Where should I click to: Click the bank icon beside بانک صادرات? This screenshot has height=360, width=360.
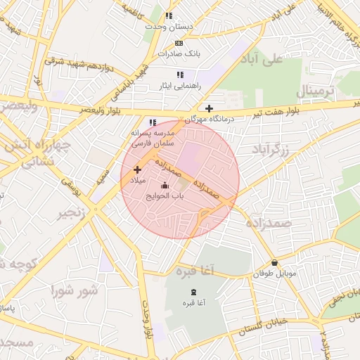pos(179,43)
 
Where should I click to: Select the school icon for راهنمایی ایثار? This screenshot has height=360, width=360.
pos(180,74)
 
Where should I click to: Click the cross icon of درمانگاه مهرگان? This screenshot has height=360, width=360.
pos(209,108)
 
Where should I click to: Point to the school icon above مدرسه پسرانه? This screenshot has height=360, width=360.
pos(152,122)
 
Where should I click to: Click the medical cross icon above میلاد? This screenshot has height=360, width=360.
pos(137,169)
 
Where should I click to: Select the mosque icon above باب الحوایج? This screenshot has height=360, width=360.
pos(165,186)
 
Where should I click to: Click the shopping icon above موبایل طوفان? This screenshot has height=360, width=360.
pos(274,263)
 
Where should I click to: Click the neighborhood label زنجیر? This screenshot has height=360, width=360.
pos(75,213)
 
